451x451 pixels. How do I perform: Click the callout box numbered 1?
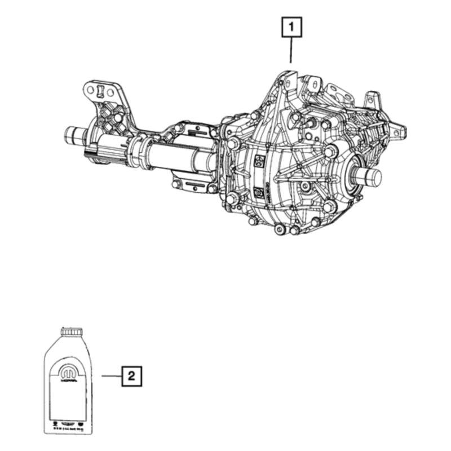291,27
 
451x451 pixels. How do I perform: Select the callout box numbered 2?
131,375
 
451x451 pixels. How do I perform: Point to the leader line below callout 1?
291,50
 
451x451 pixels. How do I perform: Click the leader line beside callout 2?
111,375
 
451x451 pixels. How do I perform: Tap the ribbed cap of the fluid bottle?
70,331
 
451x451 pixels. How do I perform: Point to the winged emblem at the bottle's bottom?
68,421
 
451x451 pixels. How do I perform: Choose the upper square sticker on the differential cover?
259,160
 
